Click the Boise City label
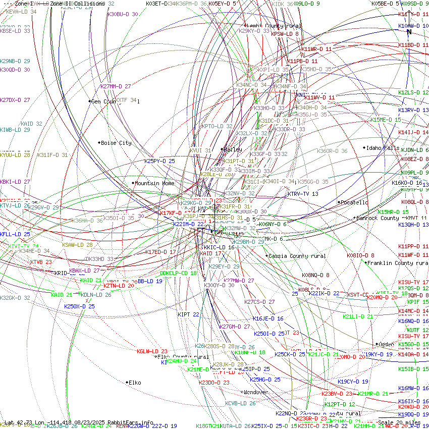116,143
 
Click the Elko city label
135,383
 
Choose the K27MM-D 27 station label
116,86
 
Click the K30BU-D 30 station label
123,15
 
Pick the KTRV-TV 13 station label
303,194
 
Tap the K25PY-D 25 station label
159,161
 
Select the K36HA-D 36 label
88,221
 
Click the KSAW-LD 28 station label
77,245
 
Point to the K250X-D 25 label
79,306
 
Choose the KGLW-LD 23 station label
152,351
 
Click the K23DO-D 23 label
214,383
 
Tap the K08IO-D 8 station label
360,255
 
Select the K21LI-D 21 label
358,316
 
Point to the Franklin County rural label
398,263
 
